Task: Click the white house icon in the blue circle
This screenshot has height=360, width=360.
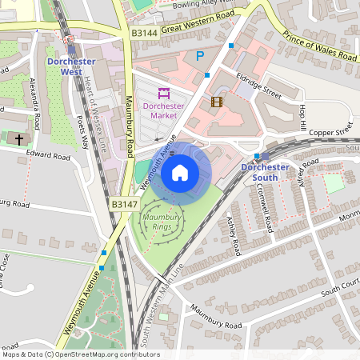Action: click(180, 173)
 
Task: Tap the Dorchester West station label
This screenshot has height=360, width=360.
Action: click(71, 66)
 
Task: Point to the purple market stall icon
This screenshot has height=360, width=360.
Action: click(164, 92)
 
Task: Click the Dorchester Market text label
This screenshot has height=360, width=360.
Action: click(164, 110)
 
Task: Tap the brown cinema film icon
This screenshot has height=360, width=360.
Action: click(216, 102)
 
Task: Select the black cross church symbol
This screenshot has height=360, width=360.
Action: click(18, 139)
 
